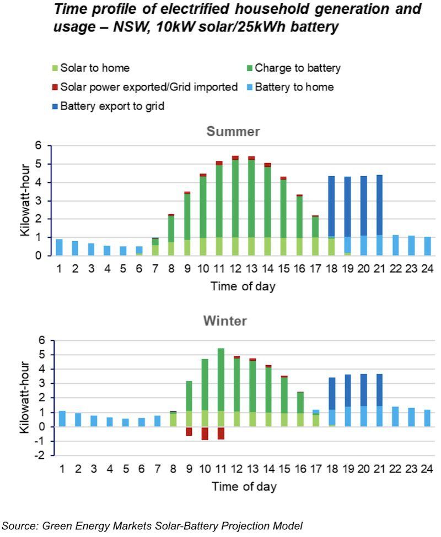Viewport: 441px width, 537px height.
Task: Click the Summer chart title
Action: [233, 132]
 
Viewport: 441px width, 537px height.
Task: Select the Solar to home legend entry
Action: [95, 68]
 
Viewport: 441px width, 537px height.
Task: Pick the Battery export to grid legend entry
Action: [112, 106]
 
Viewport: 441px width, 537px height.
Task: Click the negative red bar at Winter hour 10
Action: [205, 433]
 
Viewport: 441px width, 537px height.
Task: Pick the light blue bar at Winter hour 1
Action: [62, 419]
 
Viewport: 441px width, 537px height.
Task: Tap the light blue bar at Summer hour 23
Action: [411, 246]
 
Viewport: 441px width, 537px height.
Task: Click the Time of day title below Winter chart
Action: [244, 486]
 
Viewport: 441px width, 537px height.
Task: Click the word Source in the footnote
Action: [20, 525]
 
